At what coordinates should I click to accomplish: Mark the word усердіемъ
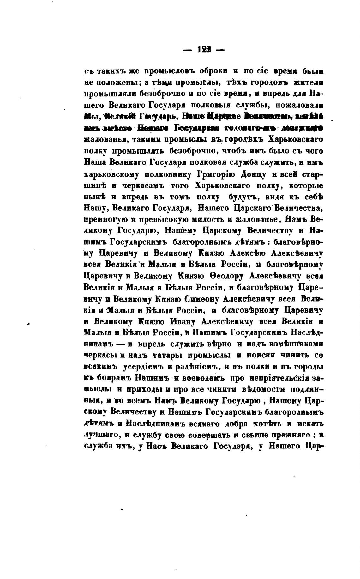tap(141, 367)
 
